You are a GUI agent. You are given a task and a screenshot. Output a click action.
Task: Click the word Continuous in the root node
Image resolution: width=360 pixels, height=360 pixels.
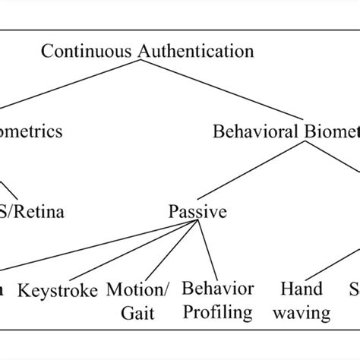click(86, 52)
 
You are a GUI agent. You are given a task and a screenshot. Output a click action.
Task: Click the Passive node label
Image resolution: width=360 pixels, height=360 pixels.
click(197, 211)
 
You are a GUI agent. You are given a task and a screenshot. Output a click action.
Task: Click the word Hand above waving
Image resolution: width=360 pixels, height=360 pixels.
click(302, 289)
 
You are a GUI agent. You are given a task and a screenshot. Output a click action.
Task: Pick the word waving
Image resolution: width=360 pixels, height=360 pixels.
click(302, 311)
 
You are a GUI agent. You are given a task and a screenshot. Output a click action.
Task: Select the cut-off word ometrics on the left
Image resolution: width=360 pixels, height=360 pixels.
click(31, 132)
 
